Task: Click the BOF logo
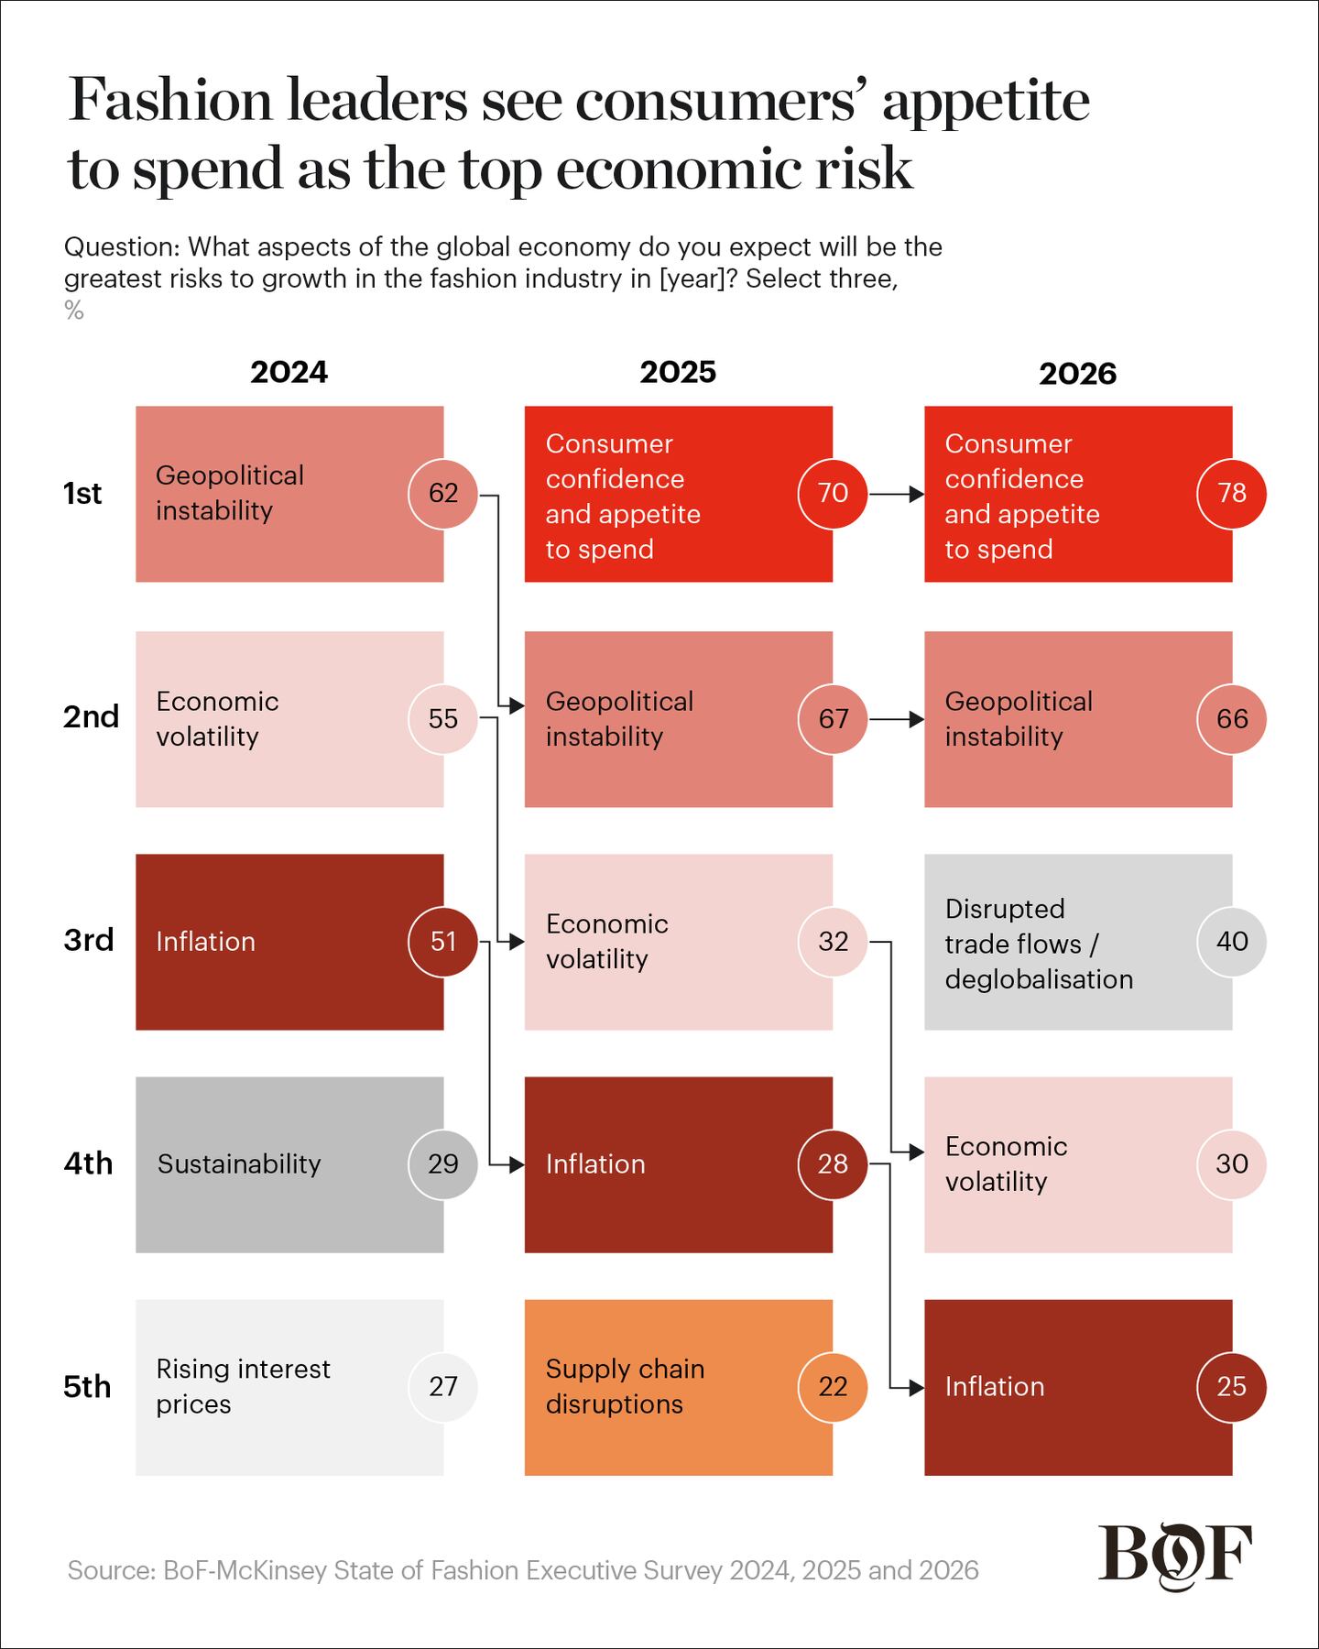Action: click(x=1175, y=1556)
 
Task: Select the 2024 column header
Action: click(x=289, y=372)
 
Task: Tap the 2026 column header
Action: click(x=1077, y=373)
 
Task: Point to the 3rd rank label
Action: click(x=89, y=940)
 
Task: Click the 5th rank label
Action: click(x=87, y=1386)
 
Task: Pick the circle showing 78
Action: click(x=1232, y=493)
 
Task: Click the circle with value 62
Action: click(x=443, y=493)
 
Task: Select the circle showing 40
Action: click(x=1232, y=941)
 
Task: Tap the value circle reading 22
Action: click(x=833, y=1386)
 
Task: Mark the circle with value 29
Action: click(x=443, y=1163)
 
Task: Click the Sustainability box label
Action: click(x=239, y=1163)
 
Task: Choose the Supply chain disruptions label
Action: click(x=625, y=1386)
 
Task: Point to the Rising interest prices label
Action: click(x=243, y=1386)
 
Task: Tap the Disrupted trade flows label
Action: click(x=1039, y=944)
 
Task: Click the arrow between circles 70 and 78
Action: click(x=897, y=495)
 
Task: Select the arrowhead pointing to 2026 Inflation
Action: click(x=917, y=1387)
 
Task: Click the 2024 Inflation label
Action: click(x=205, y=941)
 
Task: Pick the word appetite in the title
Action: click(x=986, y=101)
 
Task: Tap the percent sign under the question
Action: click(x=74, y=311)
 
